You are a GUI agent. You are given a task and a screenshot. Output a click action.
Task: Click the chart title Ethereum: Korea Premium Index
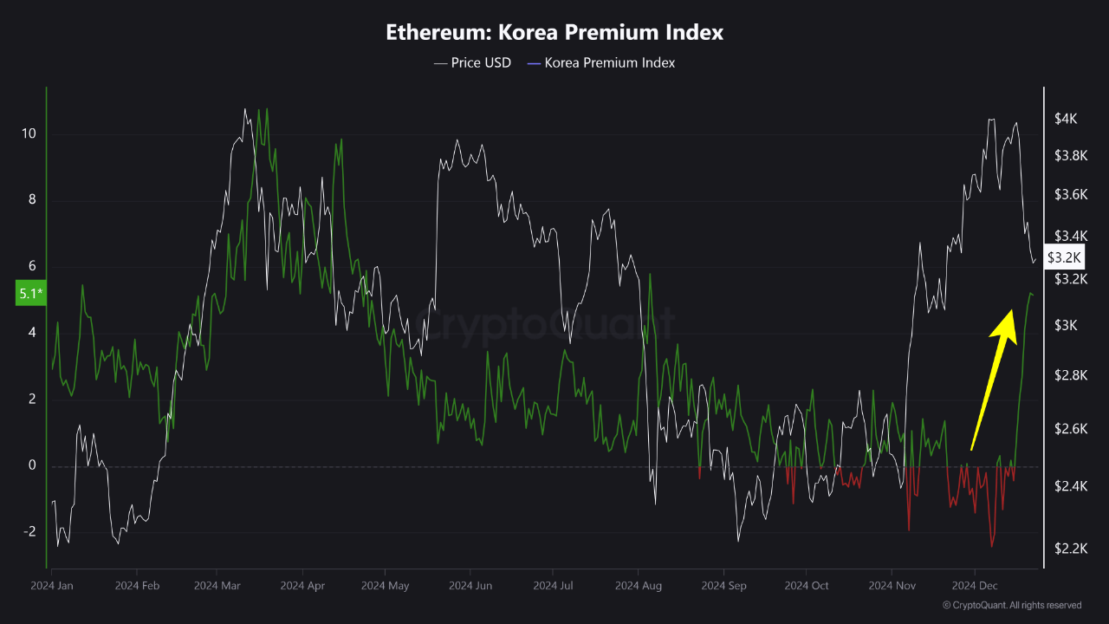pyautogui.click(x=554, y=33)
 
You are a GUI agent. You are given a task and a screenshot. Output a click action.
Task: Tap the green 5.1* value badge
pyautogui.click(x=29, y=294)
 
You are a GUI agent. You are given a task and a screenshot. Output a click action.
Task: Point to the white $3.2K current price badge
pyautogui.click(x=1063, y=257)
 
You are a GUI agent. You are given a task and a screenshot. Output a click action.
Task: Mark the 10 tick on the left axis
pyautogui.click(x=29, y=133)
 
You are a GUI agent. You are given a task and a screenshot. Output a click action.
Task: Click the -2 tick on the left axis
pyautogui.click(x=29, y=531)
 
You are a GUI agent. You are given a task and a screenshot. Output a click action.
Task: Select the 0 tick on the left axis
pyautogui.click(x=33, y=465)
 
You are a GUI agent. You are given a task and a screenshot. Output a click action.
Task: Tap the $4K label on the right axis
pyautogui.click(x=1066, y=119)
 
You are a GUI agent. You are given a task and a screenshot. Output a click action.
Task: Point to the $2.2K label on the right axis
pyautogui.click(x=1071, y=548)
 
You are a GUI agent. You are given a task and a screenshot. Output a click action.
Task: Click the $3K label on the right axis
pyautogui.click(x=1066, y=325)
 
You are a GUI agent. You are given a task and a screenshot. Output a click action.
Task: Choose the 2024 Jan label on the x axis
pyautogui.click(x=52, y=586)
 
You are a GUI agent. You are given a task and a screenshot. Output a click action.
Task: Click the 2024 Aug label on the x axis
pyautogui.click(x=639, y=586)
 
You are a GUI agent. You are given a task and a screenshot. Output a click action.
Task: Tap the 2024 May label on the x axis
pyautogui.click(x=385, y=586)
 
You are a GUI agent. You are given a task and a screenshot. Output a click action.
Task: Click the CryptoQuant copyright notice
pyautogui.click(x=1011, y=605)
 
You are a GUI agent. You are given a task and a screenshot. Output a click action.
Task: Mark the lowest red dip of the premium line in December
pyautogui.click(x=991, y=546)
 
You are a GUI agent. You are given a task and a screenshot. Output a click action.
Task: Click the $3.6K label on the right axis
pyautogui.click(x=1071, y=194)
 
